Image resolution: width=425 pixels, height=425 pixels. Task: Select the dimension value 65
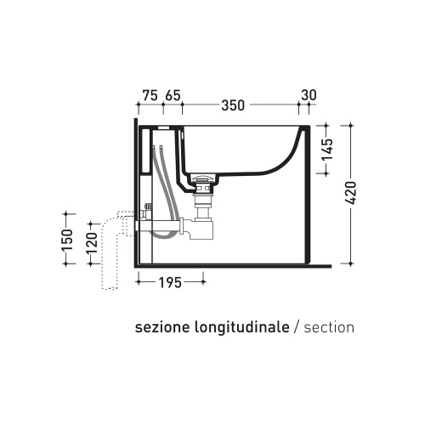pyautogui.click(x=172, y=95)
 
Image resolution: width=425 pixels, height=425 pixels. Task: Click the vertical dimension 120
pyautogui.click(x=92, y=248)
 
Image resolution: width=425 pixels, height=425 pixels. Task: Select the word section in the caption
pyautogui.click(x=328, y=327)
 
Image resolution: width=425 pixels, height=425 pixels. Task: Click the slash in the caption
pyautogui.click(x=295, y=327)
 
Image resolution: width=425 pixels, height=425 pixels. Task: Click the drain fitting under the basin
pyautogui.click(x=201, y=183)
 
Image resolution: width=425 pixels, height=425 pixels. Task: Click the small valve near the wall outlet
pyautogui.click(x=148, y=207)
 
